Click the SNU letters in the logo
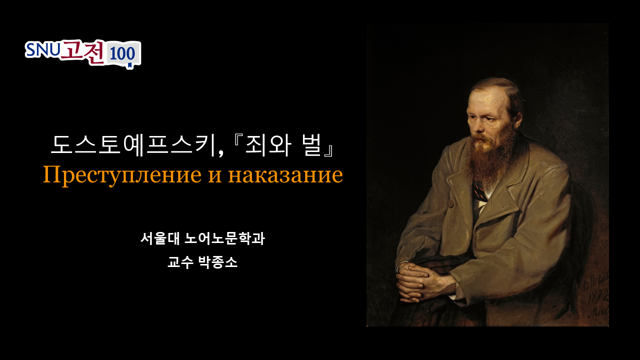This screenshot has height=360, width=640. (43, 50)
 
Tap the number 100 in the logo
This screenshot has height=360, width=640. (122, 53)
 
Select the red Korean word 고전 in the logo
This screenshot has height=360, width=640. (82, 52)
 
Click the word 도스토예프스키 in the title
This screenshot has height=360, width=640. (133, 145)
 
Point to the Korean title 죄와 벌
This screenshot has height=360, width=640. (283, 145)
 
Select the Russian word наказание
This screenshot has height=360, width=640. (285, 175)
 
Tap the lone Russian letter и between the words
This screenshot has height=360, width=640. (215, 176)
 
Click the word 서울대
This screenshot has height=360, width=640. (160, 238)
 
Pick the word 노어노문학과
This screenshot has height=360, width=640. (225, 238)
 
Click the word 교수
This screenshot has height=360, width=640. (180, 262)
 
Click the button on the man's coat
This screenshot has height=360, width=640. (450, 204)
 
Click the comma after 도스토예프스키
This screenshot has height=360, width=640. (220, 153)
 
